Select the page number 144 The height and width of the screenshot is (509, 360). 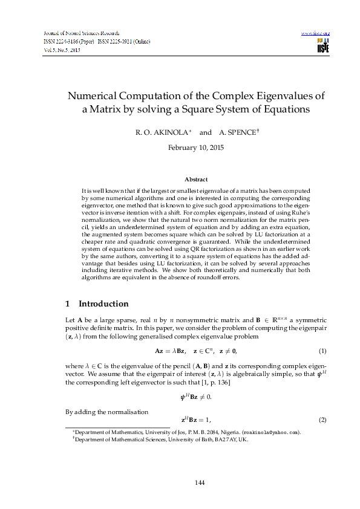[x=180, y=482]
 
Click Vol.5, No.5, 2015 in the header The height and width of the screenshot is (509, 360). [x=63, y=51]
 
